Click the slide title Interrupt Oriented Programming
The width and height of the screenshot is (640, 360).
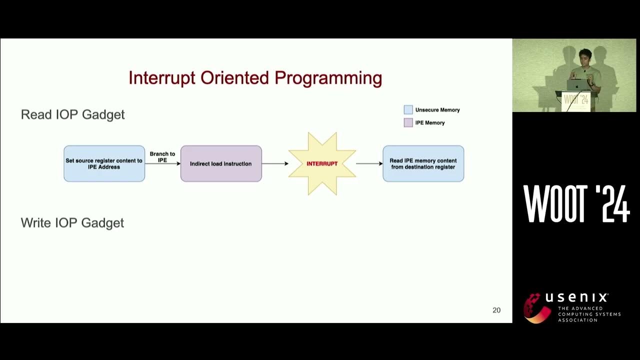[255, 78]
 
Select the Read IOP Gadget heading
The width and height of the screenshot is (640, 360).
[73, 114]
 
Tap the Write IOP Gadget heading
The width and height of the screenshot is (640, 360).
[72, 222]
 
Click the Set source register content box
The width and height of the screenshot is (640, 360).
[104, 163]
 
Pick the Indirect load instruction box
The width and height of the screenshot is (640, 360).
[221, 163]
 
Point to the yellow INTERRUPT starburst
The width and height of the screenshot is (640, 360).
[322, 163]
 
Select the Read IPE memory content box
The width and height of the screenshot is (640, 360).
[423, 163]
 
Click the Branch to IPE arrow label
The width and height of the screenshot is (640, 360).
[162, 156]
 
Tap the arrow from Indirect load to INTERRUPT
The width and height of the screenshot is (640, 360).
[275, 163]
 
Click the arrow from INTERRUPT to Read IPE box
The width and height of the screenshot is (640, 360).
[369, 163]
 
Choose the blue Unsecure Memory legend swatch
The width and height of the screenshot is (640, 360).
[408, 109]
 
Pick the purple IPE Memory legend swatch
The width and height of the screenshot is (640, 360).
[408, 122]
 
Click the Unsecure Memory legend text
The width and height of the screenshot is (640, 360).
[437, 109]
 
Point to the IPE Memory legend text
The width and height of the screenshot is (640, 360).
[430, 122]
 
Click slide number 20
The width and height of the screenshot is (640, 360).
[496, 310]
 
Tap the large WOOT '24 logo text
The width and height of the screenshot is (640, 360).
[576, 204]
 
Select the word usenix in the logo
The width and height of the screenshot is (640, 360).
[576, 297]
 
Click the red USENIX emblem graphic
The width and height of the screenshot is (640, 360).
[536, 308]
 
